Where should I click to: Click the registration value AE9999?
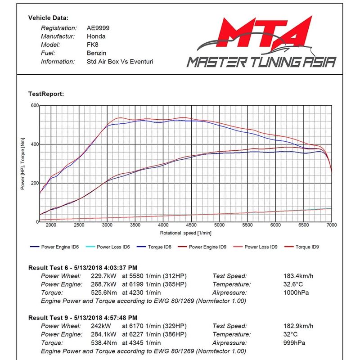pos(98,28)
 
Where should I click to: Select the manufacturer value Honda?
pos(96,36)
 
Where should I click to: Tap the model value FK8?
pos(92,45)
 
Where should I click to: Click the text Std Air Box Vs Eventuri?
pos(120,61)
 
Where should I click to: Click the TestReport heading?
pos(46,94)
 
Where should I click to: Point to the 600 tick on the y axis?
pos(34,105)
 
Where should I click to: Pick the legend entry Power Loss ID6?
pos(113,247)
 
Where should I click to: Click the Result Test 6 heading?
pos(83,267)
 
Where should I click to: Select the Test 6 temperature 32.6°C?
pos(290,284)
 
